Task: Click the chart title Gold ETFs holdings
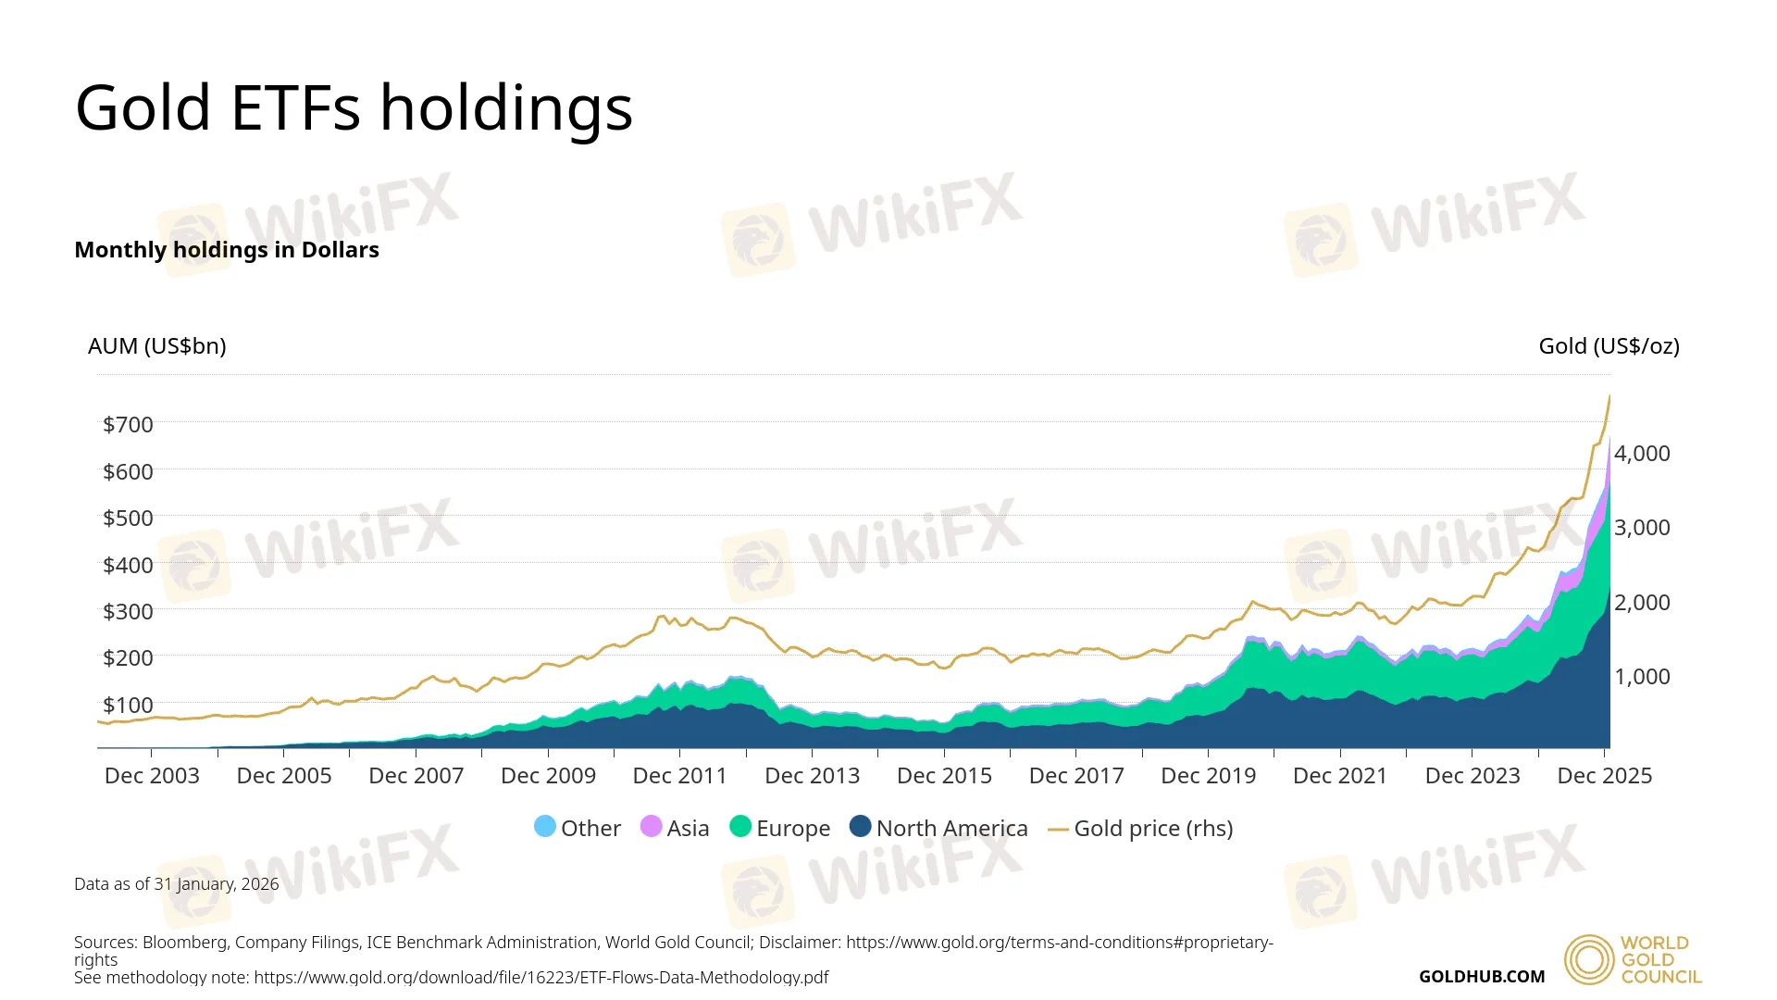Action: tap(354, 108)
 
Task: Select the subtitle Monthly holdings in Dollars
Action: tap(227, 250)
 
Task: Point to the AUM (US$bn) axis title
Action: tap(156, 346)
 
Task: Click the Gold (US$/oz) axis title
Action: tap(1609, 346)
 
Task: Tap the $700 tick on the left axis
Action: tap(128, 425)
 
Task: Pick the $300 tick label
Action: tap(128, 612)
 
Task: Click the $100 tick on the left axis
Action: tap(128, 706)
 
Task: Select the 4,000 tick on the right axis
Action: tap(1642, 454)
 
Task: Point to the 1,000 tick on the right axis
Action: tap(1642, 677)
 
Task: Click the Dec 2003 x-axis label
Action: tap(152, 776)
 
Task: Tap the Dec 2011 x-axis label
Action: tap(680, 776)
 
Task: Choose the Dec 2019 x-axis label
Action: tap(1208, 776)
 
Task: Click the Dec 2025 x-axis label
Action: tap(1604, 776)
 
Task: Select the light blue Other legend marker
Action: tap(545, 827)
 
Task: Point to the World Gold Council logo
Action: tap(1633, 959)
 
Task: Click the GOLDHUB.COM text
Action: tap(1481, 977)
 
